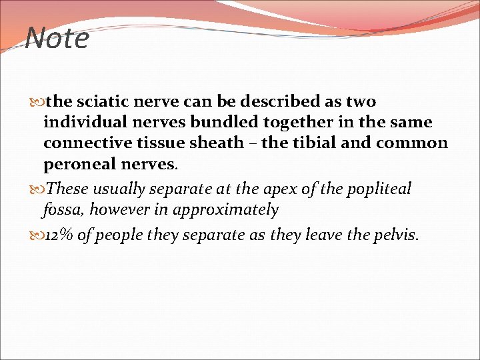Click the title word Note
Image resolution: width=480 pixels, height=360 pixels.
point(57,38)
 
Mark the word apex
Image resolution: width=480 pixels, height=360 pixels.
point(279,189)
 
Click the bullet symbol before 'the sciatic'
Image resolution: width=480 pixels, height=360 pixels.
point(37,103)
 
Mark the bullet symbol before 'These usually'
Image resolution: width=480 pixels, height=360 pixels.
point(37,189)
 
